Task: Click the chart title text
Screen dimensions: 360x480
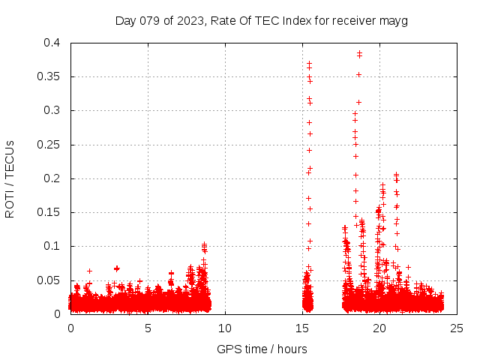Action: click(x=261, y=20)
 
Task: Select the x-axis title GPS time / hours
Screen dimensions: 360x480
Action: click(x=262, y=349)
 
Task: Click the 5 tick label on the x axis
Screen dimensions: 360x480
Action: click(x=148, y=328)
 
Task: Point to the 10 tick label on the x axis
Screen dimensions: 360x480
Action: click(x=225, y=328)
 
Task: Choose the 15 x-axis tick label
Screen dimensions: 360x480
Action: click(x=302, y=328)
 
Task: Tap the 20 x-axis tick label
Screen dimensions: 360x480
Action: click(x=379, y=328)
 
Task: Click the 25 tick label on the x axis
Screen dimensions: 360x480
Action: click(x=457, y=328)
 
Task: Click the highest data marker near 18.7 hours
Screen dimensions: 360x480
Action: click(x=359, y=53)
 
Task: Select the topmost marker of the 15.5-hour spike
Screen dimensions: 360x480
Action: click(x=309, y=64)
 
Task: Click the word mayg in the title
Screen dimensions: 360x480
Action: click(x=394, y=21)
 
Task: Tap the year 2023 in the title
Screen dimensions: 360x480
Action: click(x=192, y=20)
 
